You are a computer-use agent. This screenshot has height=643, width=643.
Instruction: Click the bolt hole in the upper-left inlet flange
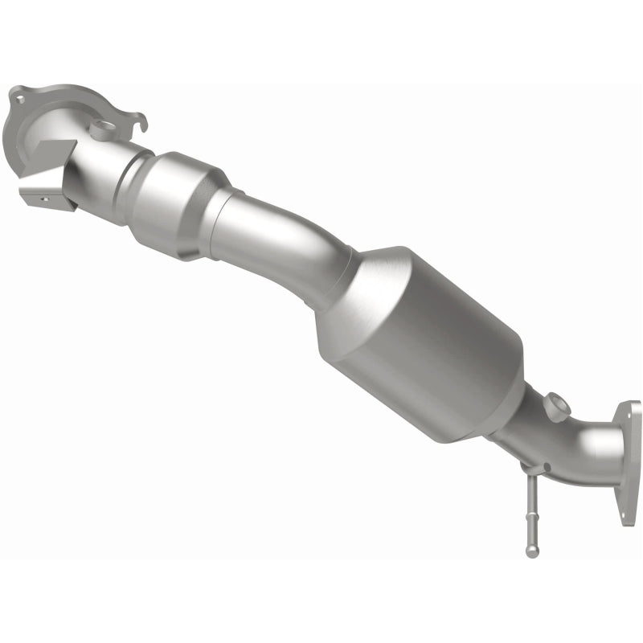pyautogui.click(x=17, y=100)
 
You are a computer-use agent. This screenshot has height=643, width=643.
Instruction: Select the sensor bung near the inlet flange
pyautogui.click(x=103, y=128)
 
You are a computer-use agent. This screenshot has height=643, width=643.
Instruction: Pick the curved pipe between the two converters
pyautogui.click(x=289, y=241)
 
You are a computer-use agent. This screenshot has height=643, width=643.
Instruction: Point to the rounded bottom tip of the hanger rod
pyautogui.click(x=532, y=551)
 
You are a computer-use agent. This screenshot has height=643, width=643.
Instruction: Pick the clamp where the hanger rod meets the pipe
pyautogui.click(x=530, y=469)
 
